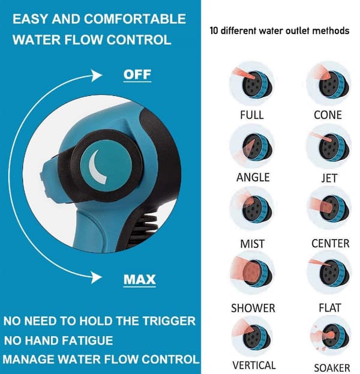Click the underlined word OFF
pyautogui.click(x=137, y=74)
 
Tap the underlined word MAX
pyautogui.click(x=140, y=279)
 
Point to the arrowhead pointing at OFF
pyautogui.click(x=97, y=76)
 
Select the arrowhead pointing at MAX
pyautogui.click(x=97, y=277)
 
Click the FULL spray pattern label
pyautogui.click(x=252, y=115)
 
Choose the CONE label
pyautogui.click(x=328, y=115)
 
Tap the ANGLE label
pyautogui.click(x=253, y=178)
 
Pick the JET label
pyautogui.click(x=329, y=178)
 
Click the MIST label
pyautogui.click(x=252, y=244)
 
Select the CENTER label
pyautogui.click(x=331, y=244)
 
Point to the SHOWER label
pyautogui.click(x=253, y=308)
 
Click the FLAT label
pyautogui.click(x=330, y=308)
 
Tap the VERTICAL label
pyautogui.click(x=254, y=365)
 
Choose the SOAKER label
pyautogui.click(x=332, y=368)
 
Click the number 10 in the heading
pyautogui.click(x=214, y=31)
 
